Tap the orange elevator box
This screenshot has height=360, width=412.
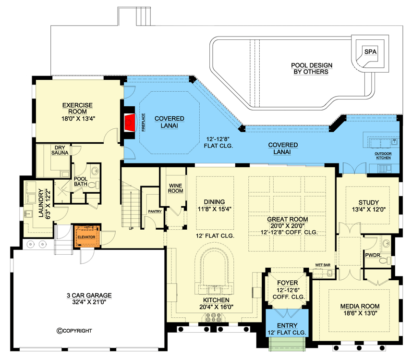point(86,236)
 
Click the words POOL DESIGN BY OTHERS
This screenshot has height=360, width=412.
point(312,69)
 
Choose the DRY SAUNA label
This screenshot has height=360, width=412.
point(61,150)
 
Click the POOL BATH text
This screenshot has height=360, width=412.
point(80,181)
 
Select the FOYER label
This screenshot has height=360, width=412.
point(288,283)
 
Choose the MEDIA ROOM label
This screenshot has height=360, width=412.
point(360,306)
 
